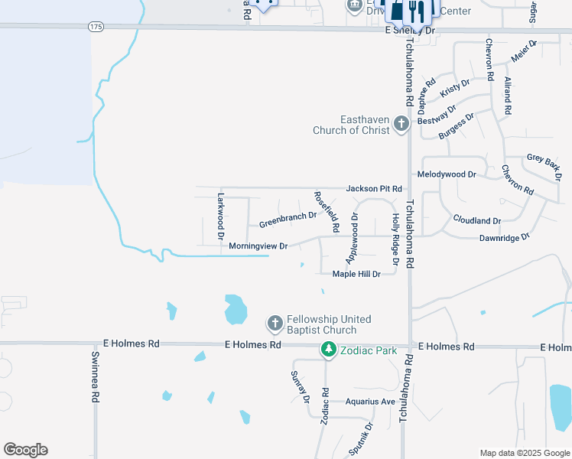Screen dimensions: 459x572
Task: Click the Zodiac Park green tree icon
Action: click(x=328, y=350)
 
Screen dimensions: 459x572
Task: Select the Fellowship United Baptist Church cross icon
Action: click(x=275, y=324)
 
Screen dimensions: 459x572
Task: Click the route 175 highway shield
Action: click(x=95, y=27)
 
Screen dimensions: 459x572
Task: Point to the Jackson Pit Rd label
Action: click(x=374, y=188)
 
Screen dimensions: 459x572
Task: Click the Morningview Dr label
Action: click(x=258, y=246)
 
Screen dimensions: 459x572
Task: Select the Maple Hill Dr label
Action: click(x=356, y=274)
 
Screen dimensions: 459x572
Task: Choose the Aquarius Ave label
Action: click(x=370, y=402)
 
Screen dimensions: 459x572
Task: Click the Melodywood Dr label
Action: click(x=447, y=174)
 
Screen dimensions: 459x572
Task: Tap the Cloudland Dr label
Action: click(x=476, y=220)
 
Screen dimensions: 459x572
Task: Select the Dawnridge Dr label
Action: click(x=503, y=238)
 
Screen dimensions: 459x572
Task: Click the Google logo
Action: click(x=25, y=450)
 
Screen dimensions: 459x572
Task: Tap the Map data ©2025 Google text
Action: click(x=524, y=453)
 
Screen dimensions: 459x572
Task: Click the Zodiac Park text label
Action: click(x=370, y=350)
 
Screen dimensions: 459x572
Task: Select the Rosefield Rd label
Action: click(x=327, y=212)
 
